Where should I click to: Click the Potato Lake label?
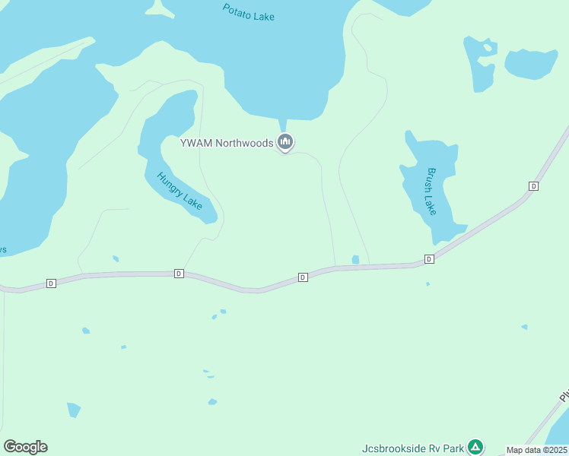pos(249,12)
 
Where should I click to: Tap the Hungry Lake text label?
pos(180,191)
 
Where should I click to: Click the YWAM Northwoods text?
pos(226,142)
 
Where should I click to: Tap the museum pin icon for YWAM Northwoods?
pos(285,141)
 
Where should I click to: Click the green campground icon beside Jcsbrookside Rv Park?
pos(475,446)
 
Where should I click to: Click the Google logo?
pos(25,447)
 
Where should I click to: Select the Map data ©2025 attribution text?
pos(537,450)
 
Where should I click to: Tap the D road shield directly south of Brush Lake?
pos(429,259)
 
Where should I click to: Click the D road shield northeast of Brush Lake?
pos(533,186)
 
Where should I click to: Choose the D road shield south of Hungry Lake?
pos(179,274)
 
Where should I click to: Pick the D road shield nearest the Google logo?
pos(51,283)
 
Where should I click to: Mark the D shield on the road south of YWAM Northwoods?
pos(303,277)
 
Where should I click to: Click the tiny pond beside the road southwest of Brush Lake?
pos(355,260)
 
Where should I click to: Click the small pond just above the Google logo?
pos(73,410)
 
